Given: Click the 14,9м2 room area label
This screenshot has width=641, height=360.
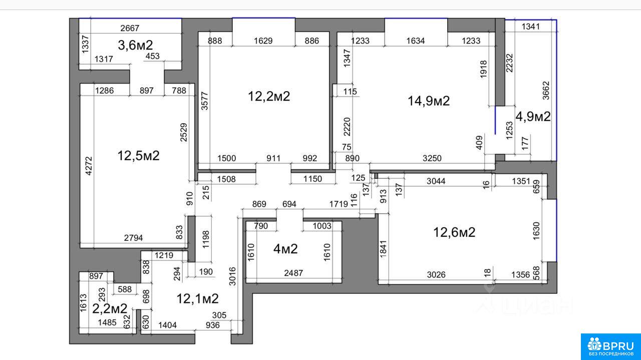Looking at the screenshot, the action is click(x=428, y=101).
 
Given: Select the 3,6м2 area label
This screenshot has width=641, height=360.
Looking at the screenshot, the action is click(x=135, y=45).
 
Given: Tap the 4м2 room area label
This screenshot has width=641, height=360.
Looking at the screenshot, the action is click(x=285, y=249).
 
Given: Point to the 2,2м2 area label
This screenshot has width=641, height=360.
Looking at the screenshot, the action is click(x=110, y=308).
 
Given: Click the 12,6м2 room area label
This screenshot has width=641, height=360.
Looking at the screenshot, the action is click(x=454, y=232).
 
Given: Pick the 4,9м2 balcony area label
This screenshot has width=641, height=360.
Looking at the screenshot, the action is click(x=533, y=117).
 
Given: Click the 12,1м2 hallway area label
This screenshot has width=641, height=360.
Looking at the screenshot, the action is click(x=197, y=299).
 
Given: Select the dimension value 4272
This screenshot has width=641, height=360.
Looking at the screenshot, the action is click(x=89, y=166).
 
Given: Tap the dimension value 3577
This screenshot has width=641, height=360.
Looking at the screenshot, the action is click(x=205, y=101).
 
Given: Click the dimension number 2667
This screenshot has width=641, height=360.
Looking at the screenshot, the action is click(x=130, y=28).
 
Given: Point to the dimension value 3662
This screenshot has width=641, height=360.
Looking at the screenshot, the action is click(x=546, y=91).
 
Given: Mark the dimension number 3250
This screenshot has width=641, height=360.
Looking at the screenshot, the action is click(x=432, y=158).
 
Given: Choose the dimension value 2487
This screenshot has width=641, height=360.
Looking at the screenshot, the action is click(x=293, y=273).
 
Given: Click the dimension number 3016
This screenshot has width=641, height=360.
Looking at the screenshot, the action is click(x=233, y=276).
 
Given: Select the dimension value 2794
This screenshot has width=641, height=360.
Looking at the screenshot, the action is click(x=133, y=238).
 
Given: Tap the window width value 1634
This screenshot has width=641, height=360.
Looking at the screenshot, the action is click(x=416, y=41).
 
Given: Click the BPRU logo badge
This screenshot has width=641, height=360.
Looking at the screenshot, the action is click(x=611, y=347).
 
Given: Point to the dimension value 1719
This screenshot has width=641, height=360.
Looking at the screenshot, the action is click(x=339, y=204).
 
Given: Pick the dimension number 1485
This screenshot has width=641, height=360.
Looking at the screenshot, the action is click(x=107, y=322).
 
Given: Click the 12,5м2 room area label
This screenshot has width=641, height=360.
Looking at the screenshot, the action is click(x=138, y=156).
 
